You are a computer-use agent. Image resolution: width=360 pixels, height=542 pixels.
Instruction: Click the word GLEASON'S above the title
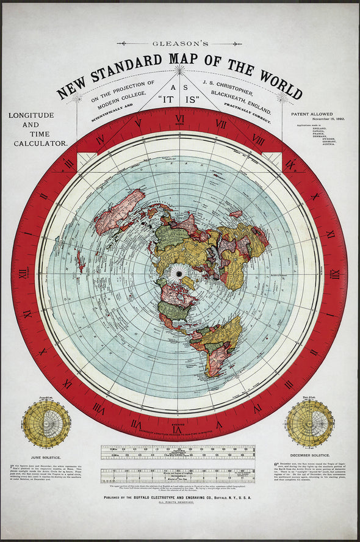pyautogui.click(x=179, y=43)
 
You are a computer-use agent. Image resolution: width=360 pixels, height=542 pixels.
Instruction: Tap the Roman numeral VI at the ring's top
pyautogui.click(x=180, y=119)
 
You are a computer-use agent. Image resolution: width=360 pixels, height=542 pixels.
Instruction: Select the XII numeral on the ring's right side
pyautogui.click(x=335, y=274)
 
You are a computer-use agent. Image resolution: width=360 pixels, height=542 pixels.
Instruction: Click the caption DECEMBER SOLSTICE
pyautogui.click(x=310, y=455)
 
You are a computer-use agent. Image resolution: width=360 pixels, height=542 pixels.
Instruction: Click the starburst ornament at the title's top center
pyautogui.click(x=180, y=70)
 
